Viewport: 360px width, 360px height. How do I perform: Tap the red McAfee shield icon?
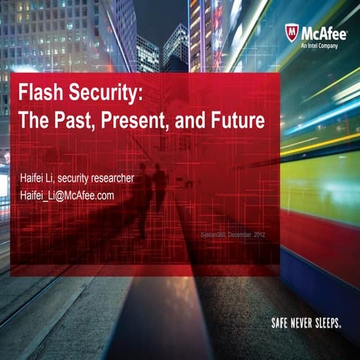(291, 33)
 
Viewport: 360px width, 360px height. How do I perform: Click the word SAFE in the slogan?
(281, 323)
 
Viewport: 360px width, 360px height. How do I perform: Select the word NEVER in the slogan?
(305, 323)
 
